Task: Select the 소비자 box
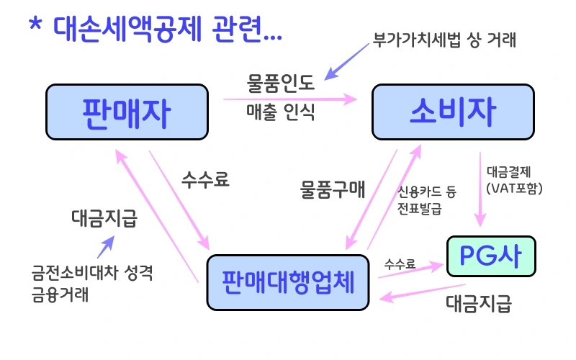pyautogui.click(x=453, y=111)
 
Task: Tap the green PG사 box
pyautogui.click(x=491, y=255)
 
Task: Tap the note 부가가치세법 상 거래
pyautogui.click(x=444, y=39)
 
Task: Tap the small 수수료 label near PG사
pyautogui.click(x=400, y=264)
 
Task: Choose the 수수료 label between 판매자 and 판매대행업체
pyautogui.click(x=206, y=180)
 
